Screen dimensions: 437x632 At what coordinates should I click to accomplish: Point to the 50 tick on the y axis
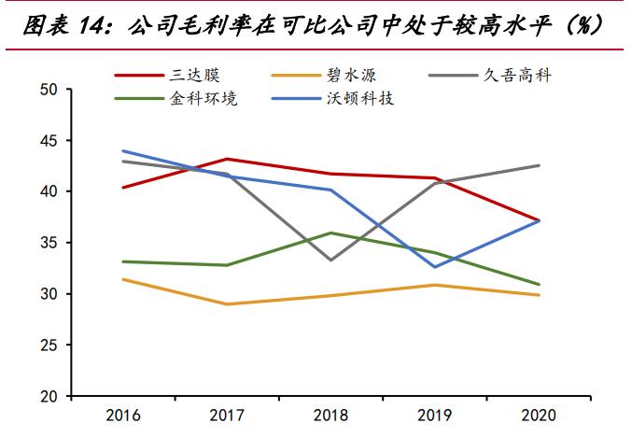49,90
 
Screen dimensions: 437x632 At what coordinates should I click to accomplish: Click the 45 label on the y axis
49,140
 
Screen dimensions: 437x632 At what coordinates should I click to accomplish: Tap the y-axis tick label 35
49,243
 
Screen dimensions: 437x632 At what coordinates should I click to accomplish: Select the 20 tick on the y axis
49,396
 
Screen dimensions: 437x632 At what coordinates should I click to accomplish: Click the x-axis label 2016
123,413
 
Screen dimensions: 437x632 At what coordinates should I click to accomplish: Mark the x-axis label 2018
331,413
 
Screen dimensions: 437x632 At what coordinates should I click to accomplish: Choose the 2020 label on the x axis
540,413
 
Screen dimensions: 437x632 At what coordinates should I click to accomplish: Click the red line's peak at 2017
227,159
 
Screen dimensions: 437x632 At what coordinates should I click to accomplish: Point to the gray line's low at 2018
331,260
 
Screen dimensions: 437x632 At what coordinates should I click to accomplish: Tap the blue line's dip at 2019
435,267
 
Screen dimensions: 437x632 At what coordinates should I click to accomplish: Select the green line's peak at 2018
331,233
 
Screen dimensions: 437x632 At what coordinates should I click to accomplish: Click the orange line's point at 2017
227,303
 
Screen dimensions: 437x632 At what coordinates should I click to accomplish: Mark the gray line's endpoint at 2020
540,165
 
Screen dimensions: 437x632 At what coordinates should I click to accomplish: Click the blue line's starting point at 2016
123,150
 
